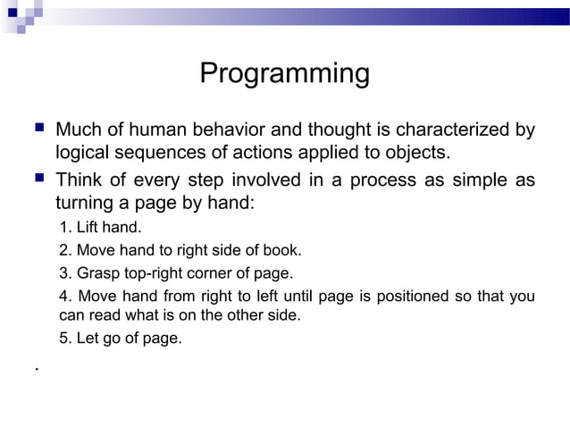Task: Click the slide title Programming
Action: coord(284,73)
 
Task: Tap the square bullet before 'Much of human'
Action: coord(36,130)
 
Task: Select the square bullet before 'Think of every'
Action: coord(36,180)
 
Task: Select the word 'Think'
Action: coord(80,180)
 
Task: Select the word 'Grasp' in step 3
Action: coord(96,273)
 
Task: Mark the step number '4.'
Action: coord(65,297)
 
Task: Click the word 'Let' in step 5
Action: coord(87,339)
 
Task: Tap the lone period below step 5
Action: coord(35,367)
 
